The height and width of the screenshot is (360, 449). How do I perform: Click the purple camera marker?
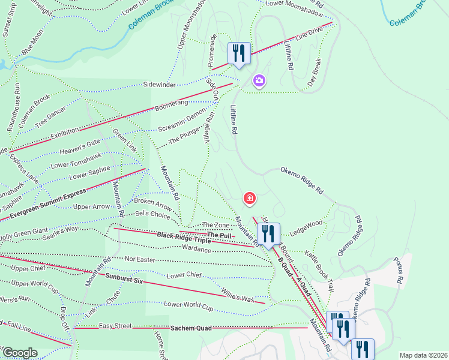point(259,80)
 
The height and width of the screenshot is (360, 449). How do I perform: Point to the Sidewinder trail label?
point(159,85)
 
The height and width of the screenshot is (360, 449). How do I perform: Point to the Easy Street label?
point(115,326)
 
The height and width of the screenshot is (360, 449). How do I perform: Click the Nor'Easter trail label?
point(140,260)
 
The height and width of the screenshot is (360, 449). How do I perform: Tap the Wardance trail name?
point(196,248)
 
